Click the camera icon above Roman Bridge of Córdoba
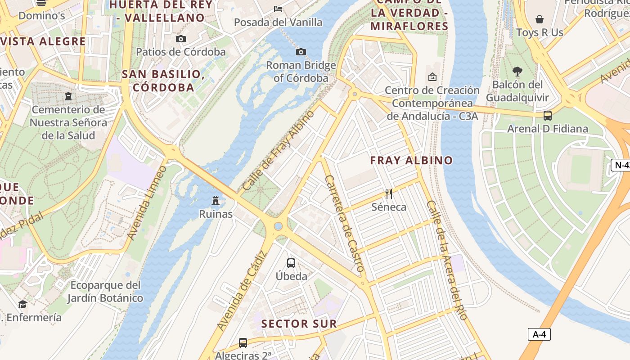tap(301, 52)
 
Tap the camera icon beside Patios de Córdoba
tap(181, 39)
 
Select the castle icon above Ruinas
tap(216, 200)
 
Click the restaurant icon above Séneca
tap(389, 194)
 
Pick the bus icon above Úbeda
tap(291, 263)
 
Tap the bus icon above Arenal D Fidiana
tap(548, 116)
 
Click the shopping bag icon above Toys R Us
tap(540, 19)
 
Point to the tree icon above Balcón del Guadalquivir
tap(517, 71)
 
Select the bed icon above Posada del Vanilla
tap(278, 9)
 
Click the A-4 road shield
tap(539, 334)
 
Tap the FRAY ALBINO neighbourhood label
tap(411, 160)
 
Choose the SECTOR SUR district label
tap(299, 324)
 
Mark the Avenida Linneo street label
tap(147, 202)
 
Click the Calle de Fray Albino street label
tap(278, 150)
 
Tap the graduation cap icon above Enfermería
tap(22, 305)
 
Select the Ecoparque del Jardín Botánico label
tap(105, 292)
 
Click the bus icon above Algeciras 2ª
tap(243, 343)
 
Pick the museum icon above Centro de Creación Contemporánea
tap(432, 77)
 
